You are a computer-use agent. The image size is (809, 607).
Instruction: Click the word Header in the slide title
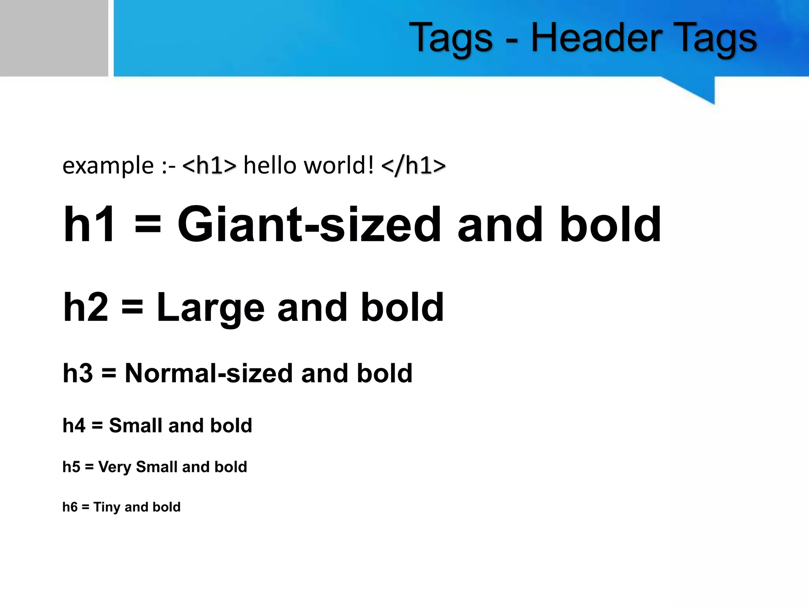click(596, 38)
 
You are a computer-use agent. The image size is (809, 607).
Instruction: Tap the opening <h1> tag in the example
click(209, 165)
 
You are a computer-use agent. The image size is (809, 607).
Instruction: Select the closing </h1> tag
click(414, 165)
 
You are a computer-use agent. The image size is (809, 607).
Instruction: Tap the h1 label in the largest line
click(89, 225)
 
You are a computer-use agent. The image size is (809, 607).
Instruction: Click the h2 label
click(86, 307)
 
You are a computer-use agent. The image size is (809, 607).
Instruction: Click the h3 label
click(78, 373)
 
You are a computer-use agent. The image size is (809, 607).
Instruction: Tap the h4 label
click(74, 426)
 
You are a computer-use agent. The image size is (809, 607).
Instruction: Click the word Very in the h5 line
click(115, 468)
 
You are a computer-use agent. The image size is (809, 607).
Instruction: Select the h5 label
click(71, 467)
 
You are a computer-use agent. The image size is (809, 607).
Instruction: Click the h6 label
click(70, 507)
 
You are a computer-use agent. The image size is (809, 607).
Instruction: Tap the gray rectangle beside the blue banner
click(54, 38)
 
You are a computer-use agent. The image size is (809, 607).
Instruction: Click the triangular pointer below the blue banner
click(699, 89)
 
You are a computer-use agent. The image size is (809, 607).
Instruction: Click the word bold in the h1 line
click(610, 225)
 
